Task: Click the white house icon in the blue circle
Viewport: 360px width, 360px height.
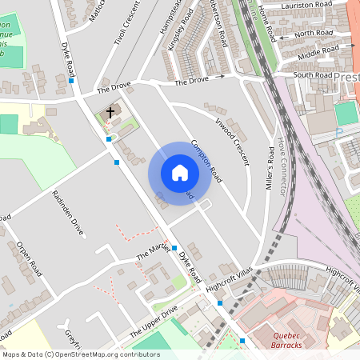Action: (x=180, y=173)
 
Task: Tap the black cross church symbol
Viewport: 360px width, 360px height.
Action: (x=110, y=113)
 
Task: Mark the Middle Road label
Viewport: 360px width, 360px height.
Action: (x=320, y=51)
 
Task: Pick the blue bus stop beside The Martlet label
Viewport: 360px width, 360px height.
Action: (x=174, y=249)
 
